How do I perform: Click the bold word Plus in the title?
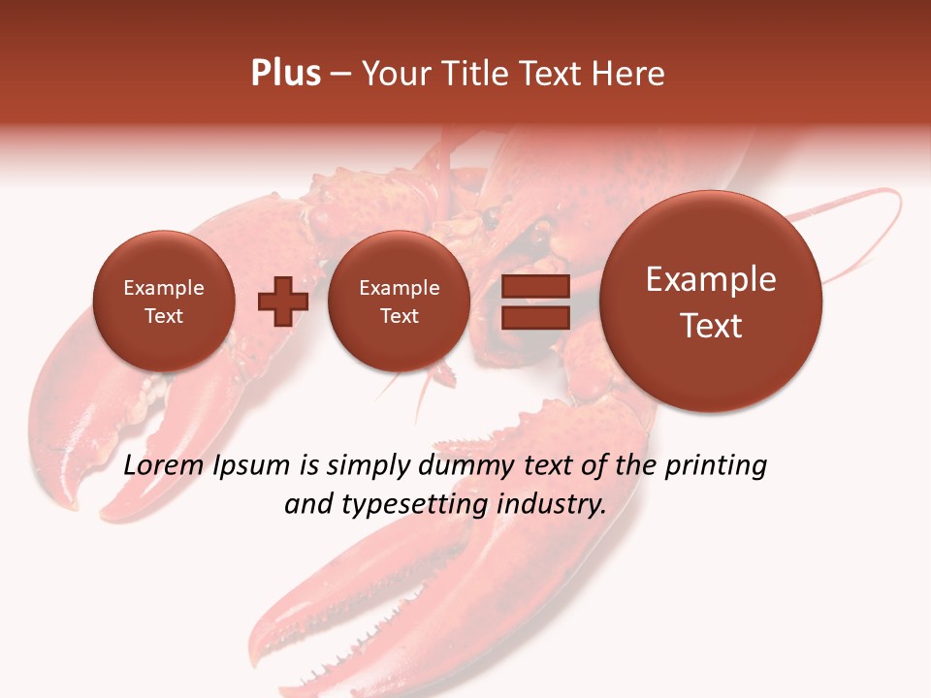click(x=285, y=74)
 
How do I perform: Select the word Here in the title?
click(x=630, y=74)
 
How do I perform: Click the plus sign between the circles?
click(x=282, y=301)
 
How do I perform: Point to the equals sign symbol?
click(x=534, y=301)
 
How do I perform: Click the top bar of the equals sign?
click(x=534, y=287)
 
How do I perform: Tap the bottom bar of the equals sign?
click(x=534, y=317)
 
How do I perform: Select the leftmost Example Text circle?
click(x=164, y=301)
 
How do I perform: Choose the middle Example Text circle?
click(x=399, y=301)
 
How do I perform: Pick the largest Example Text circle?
click(x=711, y=301)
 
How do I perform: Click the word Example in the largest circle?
click(x=711, y=280)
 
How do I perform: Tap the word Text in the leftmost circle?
click(x=164, y=316)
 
